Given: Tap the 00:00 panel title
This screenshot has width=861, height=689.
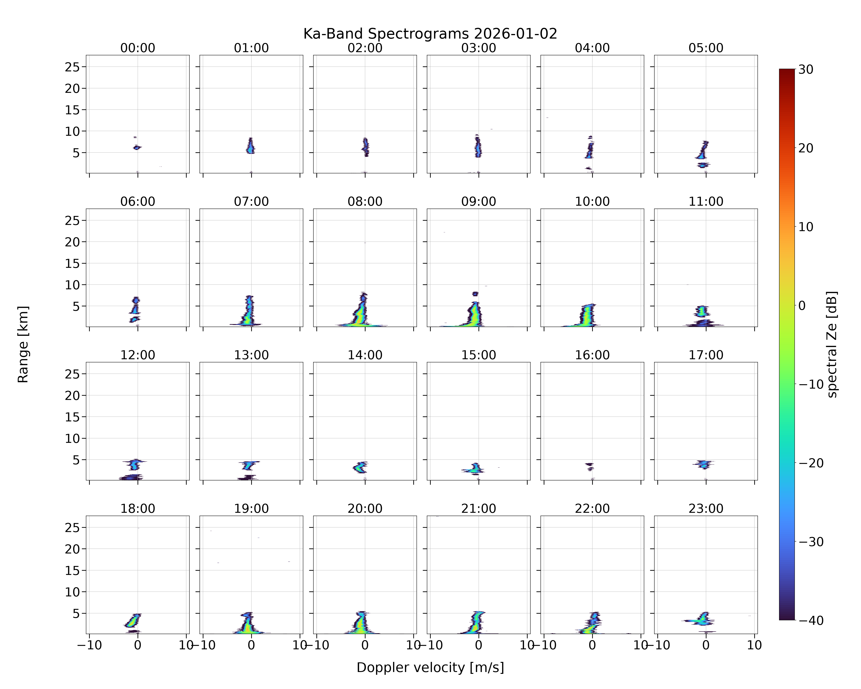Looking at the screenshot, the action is click(138, 48).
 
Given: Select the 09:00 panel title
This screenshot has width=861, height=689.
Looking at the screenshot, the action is click(478, 201).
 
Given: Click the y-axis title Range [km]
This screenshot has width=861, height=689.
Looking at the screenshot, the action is click(23, 344).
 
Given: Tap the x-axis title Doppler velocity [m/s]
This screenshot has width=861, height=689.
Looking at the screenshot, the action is click(430, 667).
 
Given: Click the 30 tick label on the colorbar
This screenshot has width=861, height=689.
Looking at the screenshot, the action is click(806, 70).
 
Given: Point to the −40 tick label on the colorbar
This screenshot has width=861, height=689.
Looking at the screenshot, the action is click(811, 620).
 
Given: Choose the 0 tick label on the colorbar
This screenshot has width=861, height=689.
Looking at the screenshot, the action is click(802, 305).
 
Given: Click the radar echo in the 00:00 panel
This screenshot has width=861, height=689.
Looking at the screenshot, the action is click(137, 147).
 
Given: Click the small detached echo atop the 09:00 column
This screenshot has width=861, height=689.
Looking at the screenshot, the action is click(475, 294).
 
